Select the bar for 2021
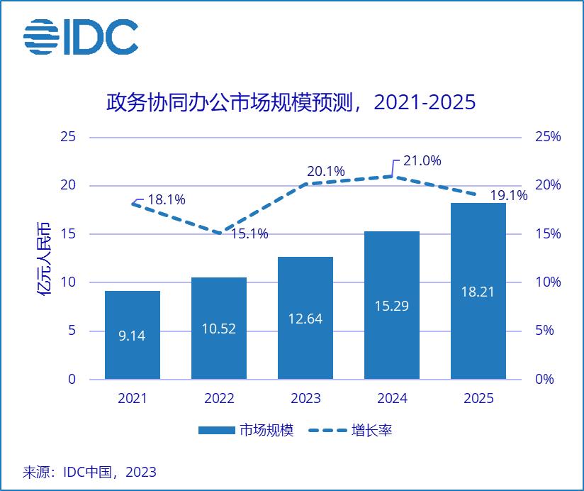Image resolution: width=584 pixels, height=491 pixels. [133, 335]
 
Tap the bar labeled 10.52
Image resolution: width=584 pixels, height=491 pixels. [219, 328]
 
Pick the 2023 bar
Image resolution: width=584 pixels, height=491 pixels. [305, 318]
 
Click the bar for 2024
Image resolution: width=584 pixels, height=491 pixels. [392, 305]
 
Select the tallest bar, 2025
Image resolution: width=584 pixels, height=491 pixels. [478, 291]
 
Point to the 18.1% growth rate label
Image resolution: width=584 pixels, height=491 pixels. [167, 200]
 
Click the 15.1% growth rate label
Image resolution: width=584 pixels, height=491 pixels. [249, 234]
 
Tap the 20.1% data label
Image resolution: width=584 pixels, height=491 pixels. [325, 172]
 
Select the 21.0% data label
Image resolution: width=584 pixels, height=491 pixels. [422, 161]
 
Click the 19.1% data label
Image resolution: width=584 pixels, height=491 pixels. [508, 196]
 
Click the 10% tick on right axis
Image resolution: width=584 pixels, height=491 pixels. [546, 282]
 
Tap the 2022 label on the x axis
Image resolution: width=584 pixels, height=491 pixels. [219, 399]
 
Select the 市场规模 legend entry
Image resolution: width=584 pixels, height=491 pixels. [245, 431]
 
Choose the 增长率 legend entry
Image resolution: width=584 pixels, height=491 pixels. [350, 431]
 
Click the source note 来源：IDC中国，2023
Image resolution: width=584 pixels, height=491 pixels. [90, 472]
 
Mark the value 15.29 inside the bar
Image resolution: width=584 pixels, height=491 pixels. [392, 306]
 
